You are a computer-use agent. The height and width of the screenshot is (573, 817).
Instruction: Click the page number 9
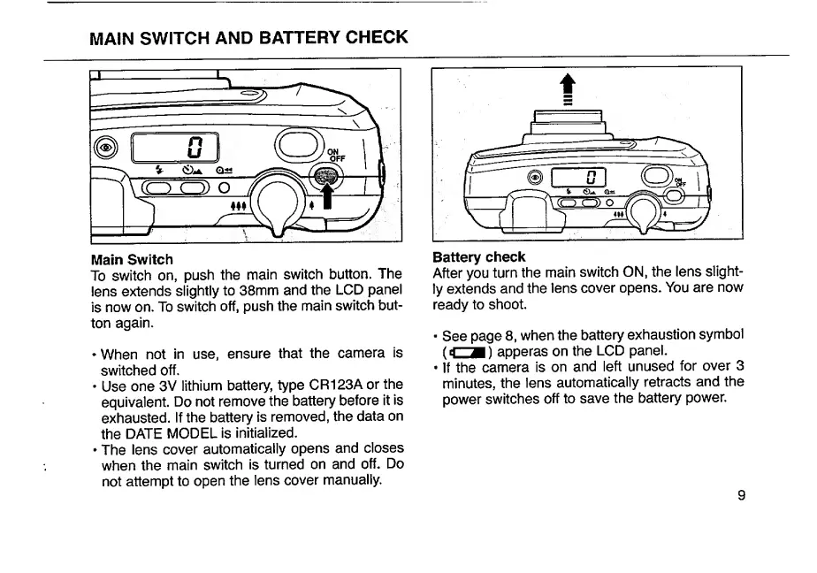click(740, 495)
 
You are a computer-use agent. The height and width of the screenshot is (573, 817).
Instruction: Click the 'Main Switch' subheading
click(132, 259)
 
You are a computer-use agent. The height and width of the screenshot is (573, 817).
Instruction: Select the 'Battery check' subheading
click(479, 257)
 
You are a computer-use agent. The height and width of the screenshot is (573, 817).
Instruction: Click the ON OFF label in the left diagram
click(336, 156)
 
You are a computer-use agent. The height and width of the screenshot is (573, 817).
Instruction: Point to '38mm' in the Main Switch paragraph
click(277, 291)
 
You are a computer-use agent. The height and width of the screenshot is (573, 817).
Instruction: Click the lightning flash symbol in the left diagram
click(157, 171)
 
